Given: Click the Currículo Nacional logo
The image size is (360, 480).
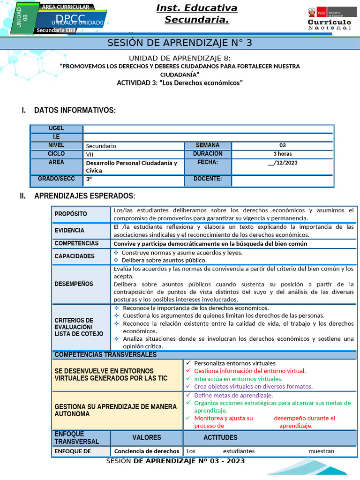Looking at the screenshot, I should (x=329, y=19).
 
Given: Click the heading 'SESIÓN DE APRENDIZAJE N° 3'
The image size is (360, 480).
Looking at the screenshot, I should (x=180, y=43).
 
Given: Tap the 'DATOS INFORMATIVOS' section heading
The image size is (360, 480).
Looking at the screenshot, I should (x=75, y=110).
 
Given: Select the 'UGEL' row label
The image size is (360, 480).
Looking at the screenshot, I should (x=56, y=128).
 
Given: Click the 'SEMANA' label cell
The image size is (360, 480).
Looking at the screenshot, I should (x=208, y=145).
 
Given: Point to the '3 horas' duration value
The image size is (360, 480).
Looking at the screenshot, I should (x=282, y=154).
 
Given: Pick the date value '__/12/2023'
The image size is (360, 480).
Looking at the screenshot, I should (x=282, y=163).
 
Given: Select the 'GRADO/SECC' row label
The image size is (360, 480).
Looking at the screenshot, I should (x=56, y=179).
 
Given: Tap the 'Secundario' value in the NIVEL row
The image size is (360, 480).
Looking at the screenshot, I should (x=101, y=146).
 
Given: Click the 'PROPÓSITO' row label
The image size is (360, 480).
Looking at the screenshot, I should (x=71, y=214).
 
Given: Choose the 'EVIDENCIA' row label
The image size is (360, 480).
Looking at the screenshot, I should (x=69, y=230).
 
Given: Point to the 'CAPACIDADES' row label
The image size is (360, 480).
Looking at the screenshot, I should (x=75, y=256).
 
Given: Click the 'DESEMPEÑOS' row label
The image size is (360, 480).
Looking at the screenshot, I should (x=74, y=284).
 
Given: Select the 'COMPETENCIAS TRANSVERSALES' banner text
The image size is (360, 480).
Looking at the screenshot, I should (x=105, y=355).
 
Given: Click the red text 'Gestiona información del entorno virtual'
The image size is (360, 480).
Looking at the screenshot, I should (x=249, y=371).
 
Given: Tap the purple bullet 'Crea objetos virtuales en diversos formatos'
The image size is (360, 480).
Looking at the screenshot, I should (x=253, y=387).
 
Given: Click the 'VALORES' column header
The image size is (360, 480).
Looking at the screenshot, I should (x=146, y=437).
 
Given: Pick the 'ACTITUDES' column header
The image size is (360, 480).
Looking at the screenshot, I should (x=220, y=437).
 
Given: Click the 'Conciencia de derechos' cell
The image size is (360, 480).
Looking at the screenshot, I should (x=147, y=451).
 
